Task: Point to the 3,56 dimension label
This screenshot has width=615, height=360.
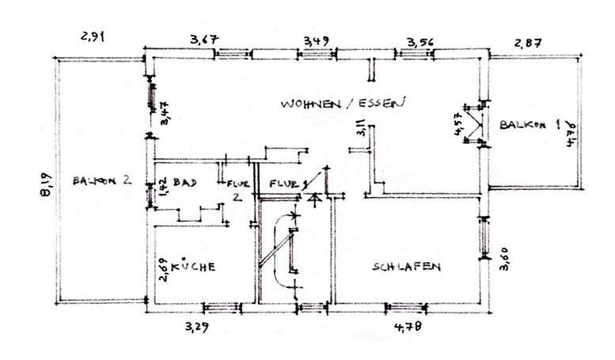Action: point(420,41)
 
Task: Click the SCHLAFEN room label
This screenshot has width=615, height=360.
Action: point(406,267)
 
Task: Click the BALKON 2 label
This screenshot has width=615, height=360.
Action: point(101,180)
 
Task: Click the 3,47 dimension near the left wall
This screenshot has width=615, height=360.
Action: point(165,112)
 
